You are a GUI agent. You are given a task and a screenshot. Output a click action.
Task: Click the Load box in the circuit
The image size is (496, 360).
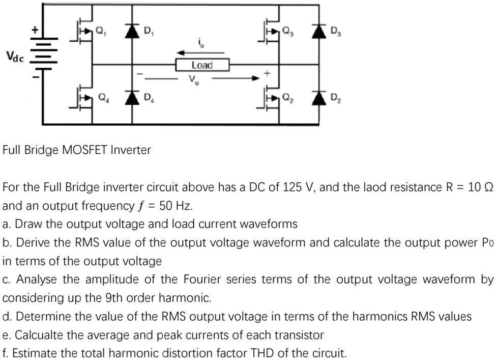tap(202, 65)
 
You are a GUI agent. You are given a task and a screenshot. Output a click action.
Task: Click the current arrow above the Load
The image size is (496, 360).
tap(200, 51)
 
